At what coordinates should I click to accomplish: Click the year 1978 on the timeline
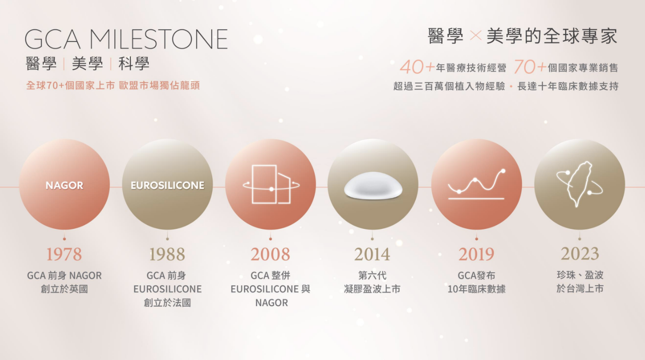[x=64, y=254]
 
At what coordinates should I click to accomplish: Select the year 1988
[x=167, y=254]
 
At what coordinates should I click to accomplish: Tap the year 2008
[x=270, y=254]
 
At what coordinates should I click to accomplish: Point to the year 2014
[x=372, y=254]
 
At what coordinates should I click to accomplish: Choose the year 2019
[x=476, y=254]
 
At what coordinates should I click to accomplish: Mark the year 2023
[x=579, y=253]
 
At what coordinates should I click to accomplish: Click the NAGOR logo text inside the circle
[x=65, y=185]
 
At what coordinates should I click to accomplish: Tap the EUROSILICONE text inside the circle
[x=167, y=185]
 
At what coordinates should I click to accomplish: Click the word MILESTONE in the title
[x=159, y=39]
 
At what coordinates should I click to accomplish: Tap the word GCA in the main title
[x=52, y=39]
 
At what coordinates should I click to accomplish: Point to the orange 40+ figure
[x=417, y=67]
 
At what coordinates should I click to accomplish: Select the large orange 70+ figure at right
[x=530, y=67]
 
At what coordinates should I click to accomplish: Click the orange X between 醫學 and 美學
[x=475, y=36]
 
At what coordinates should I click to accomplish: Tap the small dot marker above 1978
[x=64, y=239]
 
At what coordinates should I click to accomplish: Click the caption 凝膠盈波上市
[x=372, y=289]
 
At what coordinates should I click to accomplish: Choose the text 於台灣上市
[x=579, y=288]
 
